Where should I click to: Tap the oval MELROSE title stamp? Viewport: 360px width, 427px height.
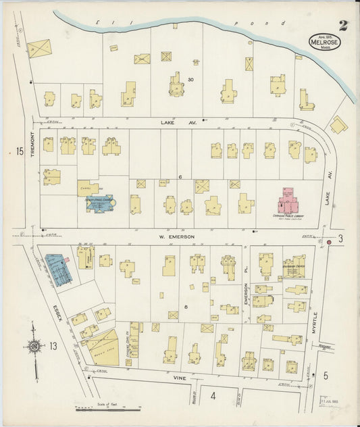tap(326, 42)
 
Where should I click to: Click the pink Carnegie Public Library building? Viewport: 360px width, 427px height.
tap(290, 200)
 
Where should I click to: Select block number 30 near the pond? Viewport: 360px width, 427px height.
tap(190, 80)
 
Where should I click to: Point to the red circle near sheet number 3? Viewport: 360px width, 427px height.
tap(329, 241)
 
